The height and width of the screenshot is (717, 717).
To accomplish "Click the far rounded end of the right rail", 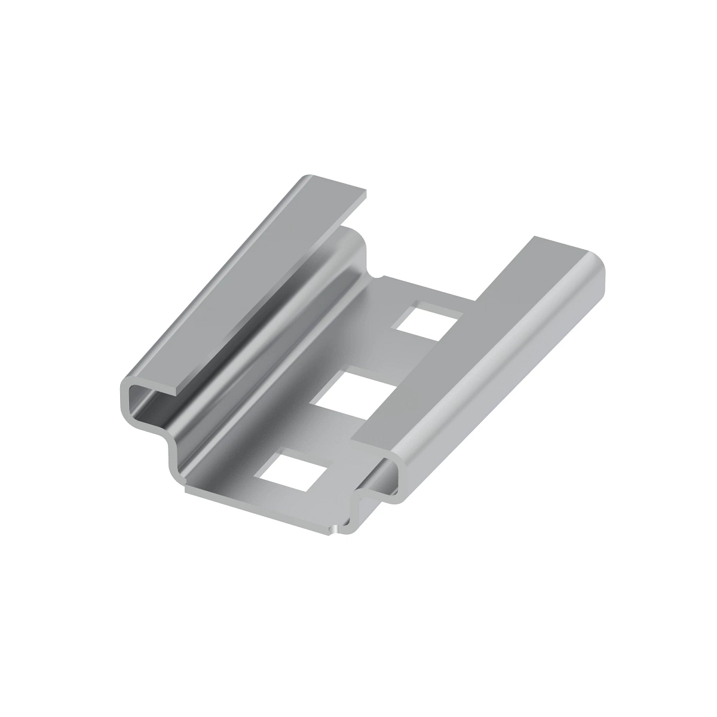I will (597, 269).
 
